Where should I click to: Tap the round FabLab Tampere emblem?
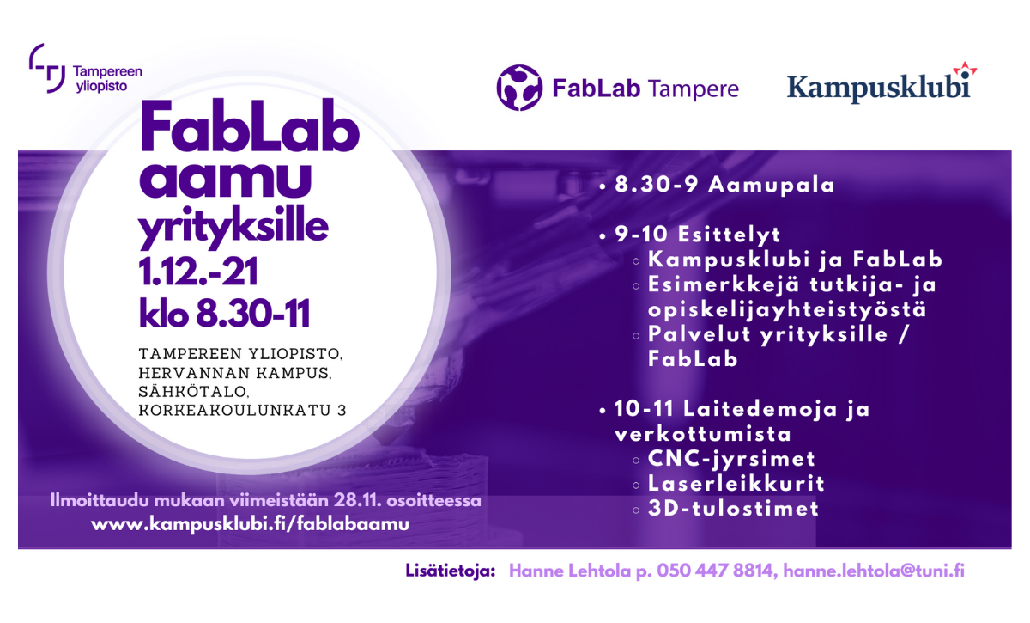pos(519,88)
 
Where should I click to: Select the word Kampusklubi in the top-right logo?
pos(879,88)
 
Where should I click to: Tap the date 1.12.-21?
pos(198,272)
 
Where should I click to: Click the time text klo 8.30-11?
pos(224,313)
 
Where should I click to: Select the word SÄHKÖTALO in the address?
pos(194,391)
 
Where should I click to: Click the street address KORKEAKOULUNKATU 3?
pos(242,410)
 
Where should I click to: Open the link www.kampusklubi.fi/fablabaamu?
pos(250,524)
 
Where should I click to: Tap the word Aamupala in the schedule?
pos(771,185)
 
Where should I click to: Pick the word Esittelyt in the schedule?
pos(730,235)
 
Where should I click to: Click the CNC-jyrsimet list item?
pos(731,459)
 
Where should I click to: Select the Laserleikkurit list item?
pos(736,484)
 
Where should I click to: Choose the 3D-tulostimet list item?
pos(733,509)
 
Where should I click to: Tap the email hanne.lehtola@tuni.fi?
pos(874,571)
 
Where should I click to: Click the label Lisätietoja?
pos(450,571)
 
